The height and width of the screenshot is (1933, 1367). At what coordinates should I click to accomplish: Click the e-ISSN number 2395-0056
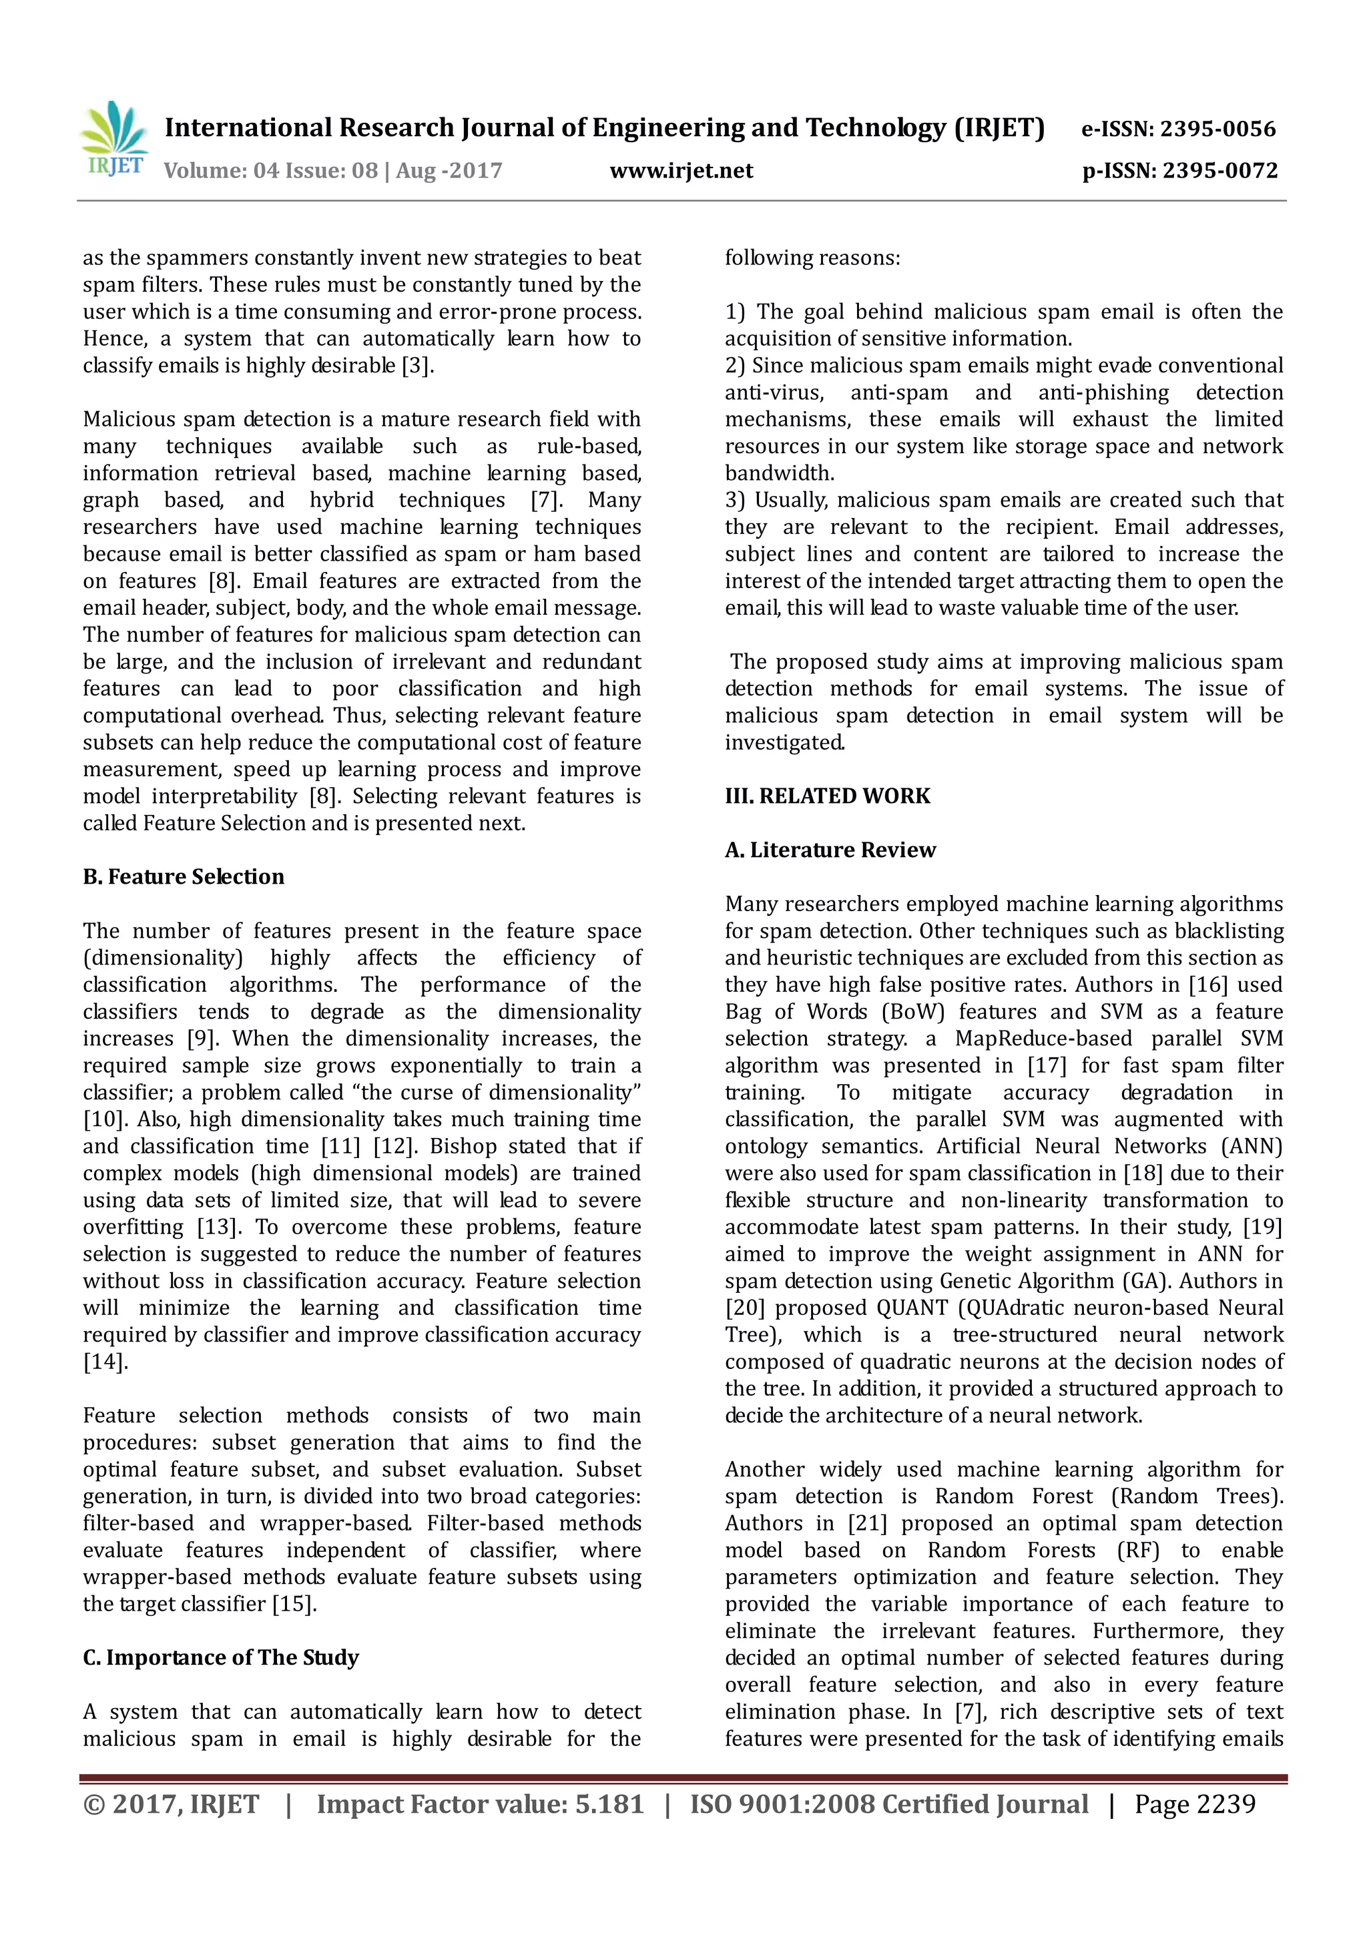coord(1218,129)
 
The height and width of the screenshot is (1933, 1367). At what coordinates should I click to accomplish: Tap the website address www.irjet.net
coord(681,171)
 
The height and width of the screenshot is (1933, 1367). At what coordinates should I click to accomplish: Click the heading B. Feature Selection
coord(184,877)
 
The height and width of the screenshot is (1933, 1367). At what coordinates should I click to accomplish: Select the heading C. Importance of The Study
coord(220,1658)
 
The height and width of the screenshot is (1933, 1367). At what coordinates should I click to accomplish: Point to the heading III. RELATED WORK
coord(828,796)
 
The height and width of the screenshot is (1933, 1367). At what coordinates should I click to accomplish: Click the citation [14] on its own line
coord(105,1362)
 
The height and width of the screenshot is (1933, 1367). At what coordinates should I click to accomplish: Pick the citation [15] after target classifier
coord(294,1604)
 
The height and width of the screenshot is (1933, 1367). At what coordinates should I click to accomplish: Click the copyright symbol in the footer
coord(93,1804)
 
